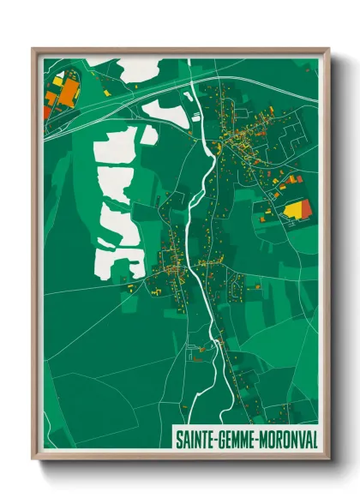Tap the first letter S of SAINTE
[179, 439]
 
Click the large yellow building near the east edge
[297, 208]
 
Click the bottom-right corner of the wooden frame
[327, 459]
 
